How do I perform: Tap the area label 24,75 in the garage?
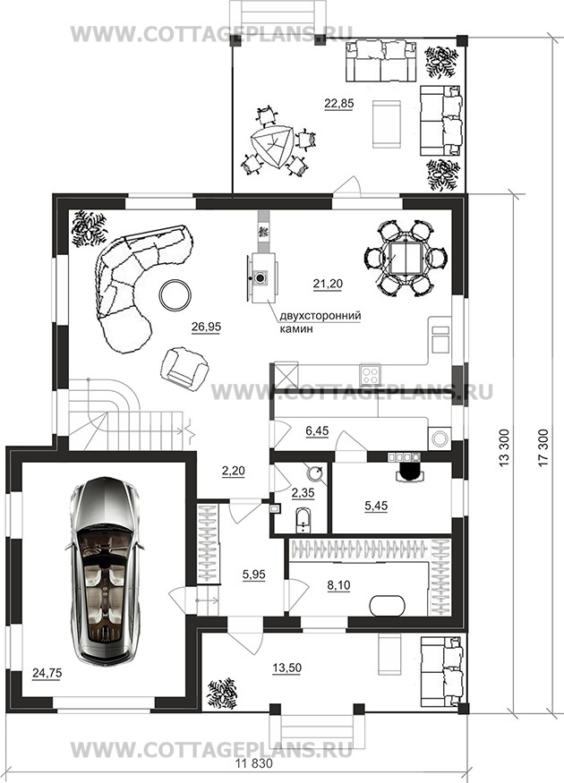tap(47, 673)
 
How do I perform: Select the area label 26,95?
tap(206, 327)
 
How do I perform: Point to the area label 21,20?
tap(328, 284)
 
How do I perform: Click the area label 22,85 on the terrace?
tap(338, 104)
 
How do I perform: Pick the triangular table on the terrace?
tap(273, 147)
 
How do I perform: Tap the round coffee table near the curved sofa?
tap(175, 295)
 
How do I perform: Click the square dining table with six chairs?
tap(405, 259)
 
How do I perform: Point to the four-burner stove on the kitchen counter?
tap(370, 372)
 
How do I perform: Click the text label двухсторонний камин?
tap(320, 322)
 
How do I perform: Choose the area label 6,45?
tap(317, 430)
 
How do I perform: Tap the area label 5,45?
tap(376, 506)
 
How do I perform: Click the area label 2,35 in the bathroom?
tap(303, 493)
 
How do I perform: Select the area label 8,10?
tap(338, 584)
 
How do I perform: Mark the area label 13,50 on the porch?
tap(286, 668)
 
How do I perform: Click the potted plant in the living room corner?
tap(89, 229)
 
